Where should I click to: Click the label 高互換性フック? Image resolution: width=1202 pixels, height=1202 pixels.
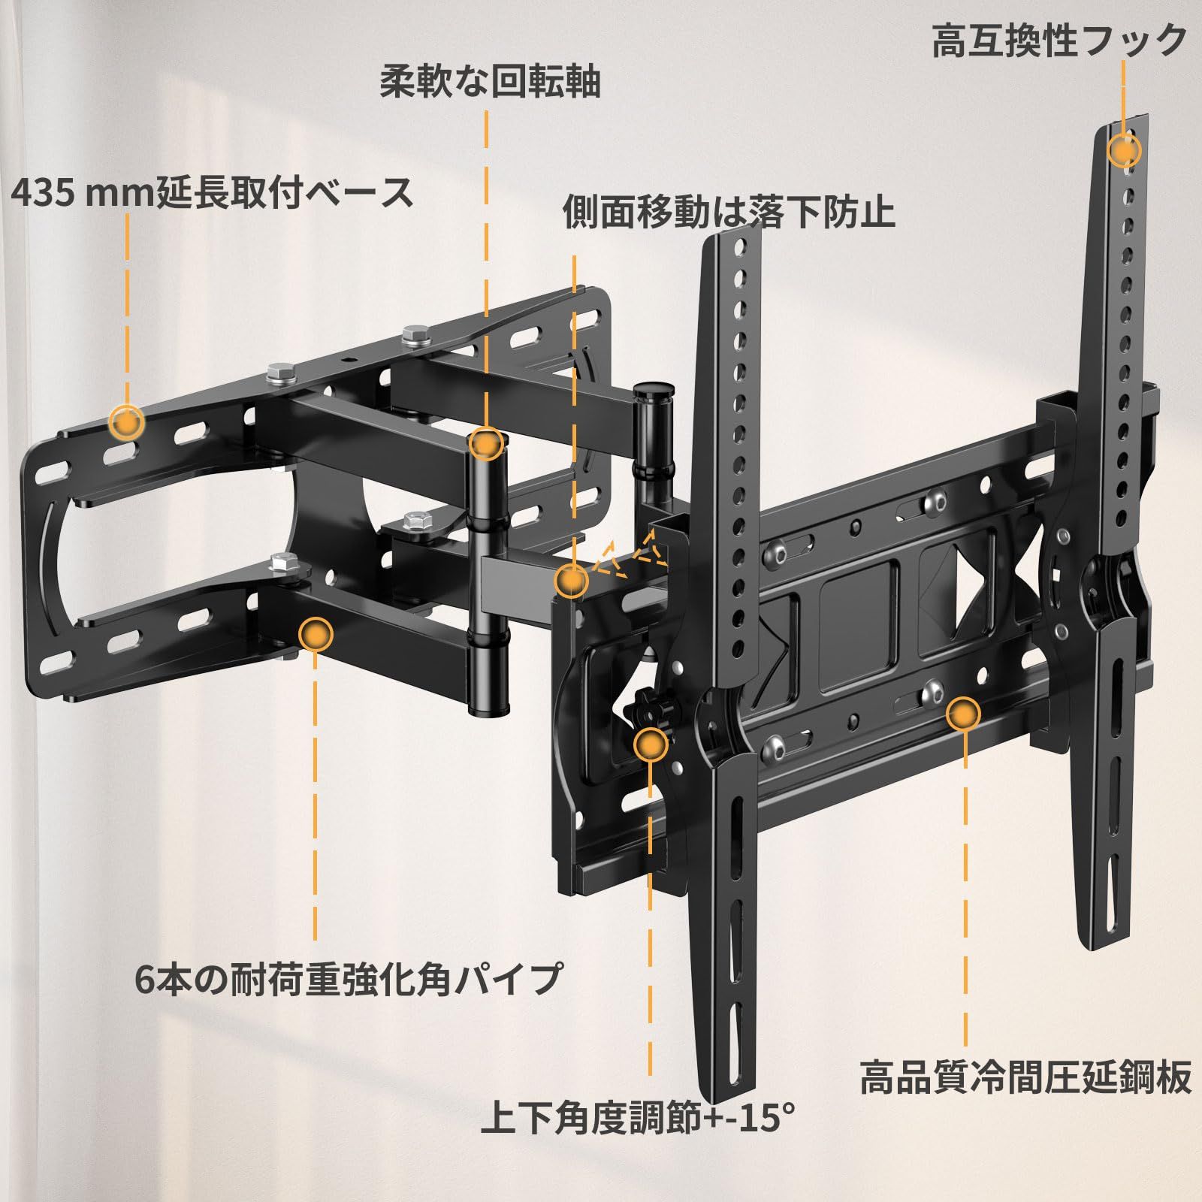tap(1059, 41)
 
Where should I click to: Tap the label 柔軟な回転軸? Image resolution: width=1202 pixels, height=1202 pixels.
tap(490, 80)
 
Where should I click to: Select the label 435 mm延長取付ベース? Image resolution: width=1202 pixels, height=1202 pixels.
tap(213, 193)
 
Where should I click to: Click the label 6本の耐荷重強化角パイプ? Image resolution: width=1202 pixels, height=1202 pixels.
tap(349, 978)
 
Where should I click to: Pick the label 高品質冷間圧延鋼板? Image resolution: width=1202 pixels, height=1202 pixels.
tap(1025, 1077)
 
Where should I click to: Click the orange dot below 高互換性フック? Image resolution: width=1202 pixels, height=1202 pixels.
tap(1124, 151)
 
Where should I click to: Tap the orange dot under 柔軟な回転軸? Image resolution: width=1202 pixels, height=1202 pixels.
tap(486, 443)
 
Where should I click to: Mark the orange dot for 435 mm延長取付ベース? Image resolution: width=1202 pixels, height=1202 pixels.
tap(126, 422)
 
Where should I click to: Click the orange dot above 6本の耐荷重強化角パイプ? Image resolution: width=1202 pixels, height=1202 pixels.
tap(315, 635)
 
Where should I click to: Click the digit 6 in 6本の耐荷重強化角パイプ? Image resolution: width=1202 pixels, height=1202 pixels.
tap(146, 979)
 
